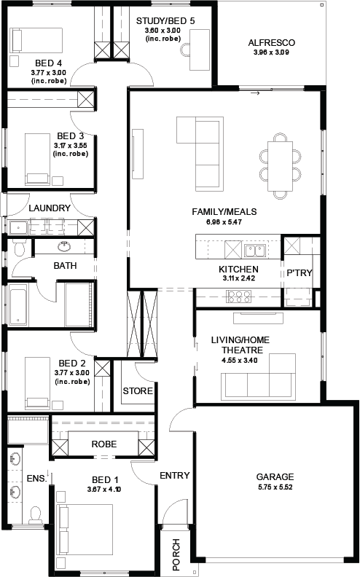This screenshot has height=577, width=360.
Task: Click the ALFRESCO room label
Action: pos(271,43)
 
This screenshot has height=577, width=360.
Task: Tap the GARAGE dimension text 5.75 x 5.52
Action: pos(275,487)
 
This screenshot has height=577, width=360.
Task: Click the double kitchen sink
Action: pos(255,251)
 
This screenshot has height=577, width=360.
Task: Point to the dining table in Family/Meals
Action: pos(280,166)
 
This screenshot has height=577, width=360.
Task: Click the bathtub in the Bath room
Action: pos(18,305)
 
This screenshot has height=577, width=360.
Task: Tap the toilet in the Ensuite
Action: pos(35,514)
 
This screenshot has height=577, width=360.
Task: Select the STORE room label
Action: pos(138,390)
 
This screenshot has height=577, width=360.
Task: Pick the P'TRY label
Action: pos(300,272)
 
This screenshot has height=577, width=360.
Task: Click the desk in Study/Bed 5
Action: pos(200,50)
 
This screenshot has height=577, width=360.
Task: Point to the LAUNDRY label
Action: pos(50,208)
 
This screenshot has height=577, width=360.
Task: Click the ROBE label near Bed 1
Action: pos(103,444)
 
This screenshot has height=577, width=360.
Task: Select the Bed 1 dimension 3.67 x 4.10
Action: pos(104,490)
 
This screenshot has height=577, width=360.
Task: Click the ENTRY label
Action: pos(174,476)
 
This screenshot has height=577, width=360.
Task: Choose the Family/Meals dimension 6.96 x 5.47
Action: pos(224,222)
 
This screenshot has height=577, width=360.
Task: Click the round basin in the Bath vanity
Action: pos(65,246)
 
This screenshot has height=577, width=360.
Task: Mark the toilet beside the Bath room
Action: pos(19,248)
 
